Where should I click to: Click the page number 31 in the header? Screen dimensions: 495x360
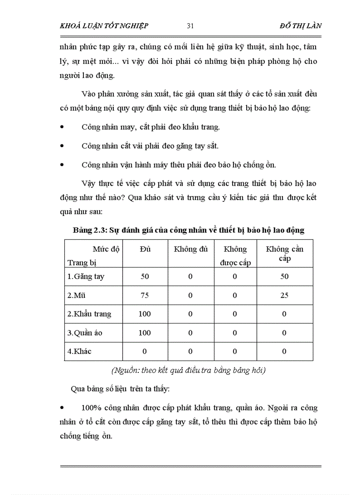(x=191, y=26)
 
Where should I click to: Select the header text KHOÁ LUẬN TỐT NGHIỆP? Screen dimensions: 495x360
(x=104, y=26)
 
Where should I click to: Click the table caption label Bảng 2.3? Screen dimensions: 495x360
(x=88, y=231)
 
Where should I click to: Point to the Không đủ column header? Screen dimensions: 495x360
(x=191, y=249)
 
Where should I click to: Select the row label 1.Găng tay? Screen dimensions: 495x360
(x=86, y=277)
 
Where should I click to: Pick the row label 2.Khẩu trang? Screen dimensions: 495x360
(x=89, y=314)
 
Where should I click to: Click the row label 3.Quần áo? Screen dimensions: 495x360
(x=85, y=333)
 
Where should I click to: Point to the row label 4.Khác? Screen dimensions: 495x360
(x=80, y=351)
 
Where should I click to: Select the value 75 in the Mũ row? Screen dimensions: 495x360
(x=145, y=295)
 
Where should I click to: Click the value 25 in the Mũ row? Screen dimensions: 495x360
(x=285, y=295)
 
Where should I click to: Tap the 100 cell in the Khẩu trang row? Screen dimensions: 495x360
(x=145, y=314)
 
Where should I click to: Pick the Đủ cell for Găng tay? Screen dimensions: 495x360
(x=145, y=277)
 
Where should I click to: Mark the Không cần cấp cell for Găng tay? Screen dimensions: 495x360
(x=285, y=277)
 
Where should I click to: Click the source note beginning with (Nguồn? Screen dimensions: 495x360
(x=188, y=370)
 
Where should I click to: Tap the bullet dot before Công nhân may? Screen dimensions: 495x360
(x=62, y=127)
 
